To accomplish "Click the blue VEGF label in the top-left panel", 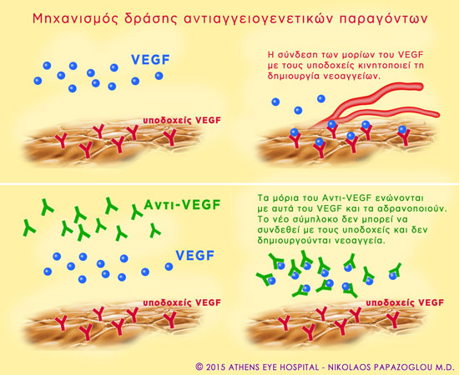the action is coord(151,60).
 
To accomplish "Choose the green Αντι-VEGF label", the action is coord(182,205).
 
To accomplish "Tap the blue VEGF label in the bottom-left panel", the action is coord(195,256).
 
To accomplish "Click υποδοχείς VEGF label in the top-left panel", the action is coord(182,120).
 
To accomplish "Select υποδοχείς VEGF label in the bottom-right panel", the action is coord(405,302).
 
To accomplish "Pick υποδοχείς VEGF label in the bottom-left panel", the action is coord(182,302).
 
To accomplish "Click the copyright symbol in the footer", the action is coord(199,367).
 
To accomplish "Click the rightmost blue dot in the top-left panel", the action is coord(159,76).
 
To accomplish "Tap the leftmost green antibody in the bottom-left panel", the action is coord(28,227).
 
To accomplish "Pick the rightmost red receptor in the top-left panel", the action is coord(169,137).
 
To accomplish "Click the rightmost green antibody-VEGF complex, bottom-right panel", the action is coord(395,271).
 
